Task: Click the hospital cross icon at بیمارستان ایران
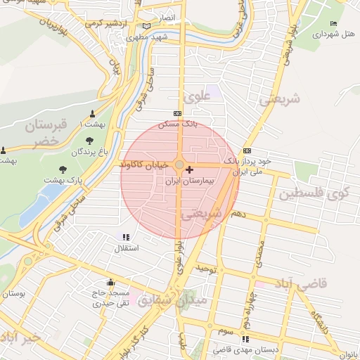[x=189, y=169]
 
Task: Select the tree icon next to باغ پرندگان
[x=77, y=151]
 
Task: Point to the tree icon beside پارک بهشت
[x=64, y=169]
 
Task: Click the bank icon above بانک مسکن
[x=176, y=113]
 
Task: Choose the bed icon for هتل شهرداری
[x=333, y=23]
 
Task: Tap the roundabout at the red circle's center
[x=179, y=165]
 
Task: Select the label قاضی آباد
[x=304, y=284]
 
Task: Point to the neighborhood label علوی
[x=198, y=96]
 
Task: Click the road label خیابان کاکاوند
[x=143, y=164]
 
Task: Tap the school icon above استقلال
[x=126, y=238]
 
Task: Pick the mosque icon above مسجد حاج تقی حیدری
[x=110, y=282]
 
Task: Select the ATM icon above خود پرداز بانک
[x=247, y=150]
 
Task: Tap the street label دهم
[x=239, y=213]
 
